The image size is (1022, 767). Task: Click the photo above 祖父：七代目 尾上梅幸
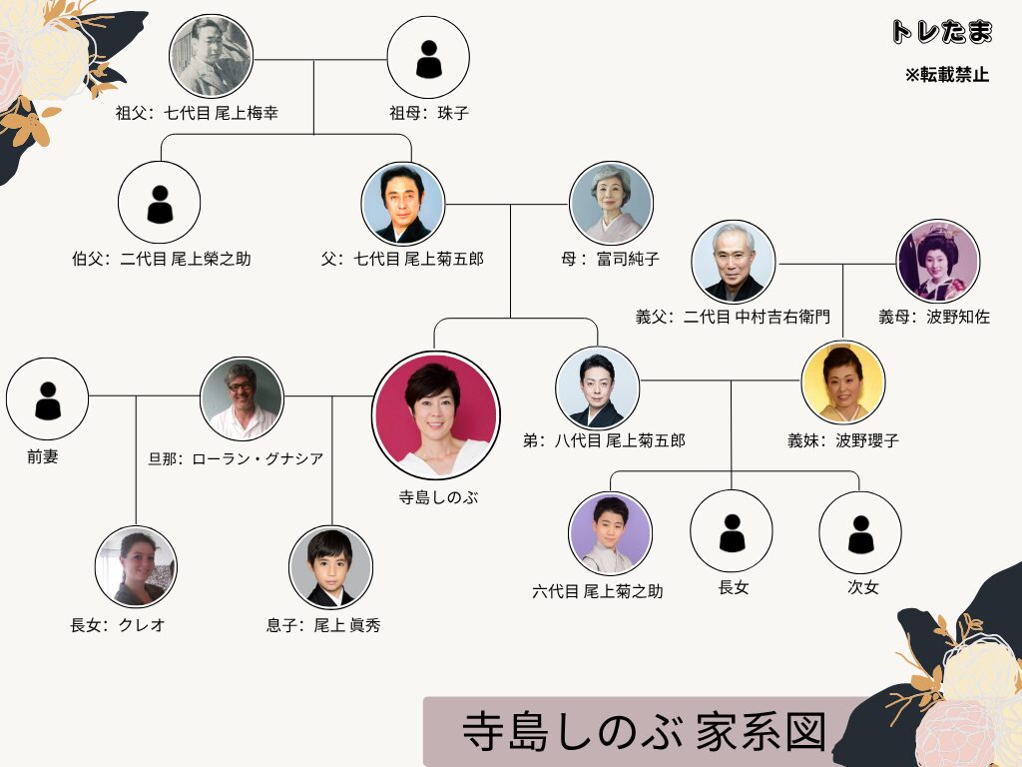click(x=211, y=57)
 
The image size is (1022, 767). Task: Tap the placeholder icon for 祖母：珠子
click(x=428, y=57)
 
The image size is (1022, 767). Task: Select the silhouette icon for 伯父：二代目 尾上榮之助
click(x=159, y=203)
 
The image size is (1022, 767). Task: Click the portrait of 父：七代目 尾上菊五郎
click(x=403, y=204)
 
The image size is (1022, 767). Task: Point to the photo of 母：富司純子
click(x=611, y=203)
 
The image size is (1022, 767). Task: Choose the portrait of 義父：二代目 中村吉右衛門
click(x=734, y=262)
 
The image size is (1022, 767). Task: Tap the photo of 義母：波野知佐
click(x=938, y=261)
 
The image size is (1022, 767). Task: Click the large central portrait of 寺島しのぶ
click(x=436, y=415)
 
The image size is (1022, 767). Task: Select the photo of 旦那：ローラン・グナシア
click(x=242, y=398)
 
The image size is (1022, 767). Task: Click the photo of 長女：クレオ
click(x=136, y=567)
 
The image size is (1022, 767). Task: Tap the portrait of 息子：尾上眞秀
click(x=330, y=567)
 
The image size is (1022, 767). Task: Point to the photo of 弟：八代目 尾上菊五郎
click(x=597, y=388)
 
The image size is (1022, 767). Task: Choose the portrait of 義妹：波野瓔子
click(x=843, y=383)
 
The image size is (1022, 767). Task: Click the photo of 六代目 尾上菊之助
click(x=610, y=533)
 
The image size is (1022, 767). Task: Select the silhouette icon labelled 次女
click(x=860, y=532)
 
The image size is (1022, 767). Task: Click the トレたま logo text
click(x=942, y=31)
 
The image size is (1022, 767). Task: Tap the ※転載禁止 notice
click(x=947, y=74)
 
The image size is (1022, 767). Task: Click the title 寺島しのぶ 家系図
click(x=645, y=731)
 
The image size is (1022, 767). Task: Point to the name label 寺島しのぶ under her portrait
click(x=439, y=497)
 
